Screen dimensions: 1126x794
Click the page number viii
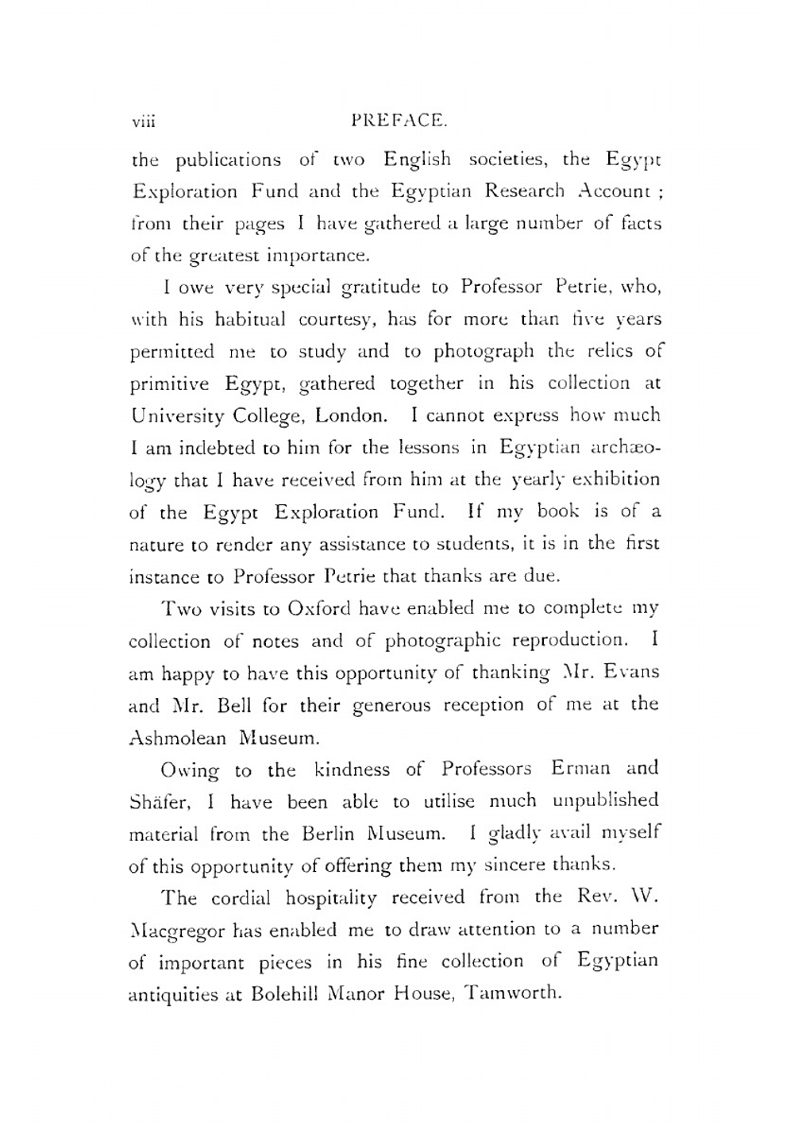click(145, 121)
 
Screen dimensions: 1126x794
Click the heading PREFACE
click(399, 121)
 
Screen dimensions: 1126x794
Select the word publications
click(228, 160)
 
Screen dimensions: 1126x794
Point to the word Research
click(525, 191)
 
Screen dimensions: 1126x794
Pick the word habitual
click(247, 319)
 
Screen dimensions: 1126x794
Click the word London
click(352, 416)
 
